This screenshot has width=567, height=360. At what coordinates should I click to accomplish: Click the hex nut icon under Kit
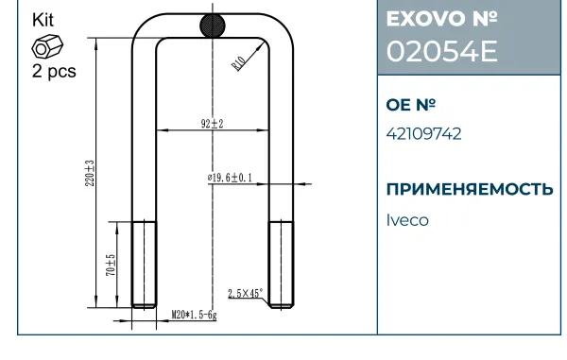pos(47,46)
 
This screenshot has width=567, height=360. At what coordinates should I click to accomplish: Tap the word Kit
pos(43,20)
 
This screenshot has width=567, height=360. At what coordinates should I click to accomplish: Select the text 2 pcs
pos(54,71)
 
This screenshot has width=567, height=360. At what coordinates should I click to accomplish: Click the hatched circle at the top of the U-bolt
pos(213,26)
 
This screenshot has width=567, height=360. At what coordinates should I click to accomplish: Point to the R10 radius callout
pos(238,63)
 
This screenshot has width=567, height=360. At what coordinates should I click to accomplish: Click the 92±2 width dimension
pos(213,124)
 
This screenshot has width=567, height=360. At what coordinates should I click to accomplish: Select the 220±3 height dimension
pos(90,173)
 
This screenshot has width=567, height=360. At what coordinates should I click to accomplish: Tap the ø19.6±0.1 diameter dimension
pos(230,178)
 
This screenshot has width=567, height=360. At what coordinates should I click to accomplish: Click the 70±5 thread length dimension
pos(111,266)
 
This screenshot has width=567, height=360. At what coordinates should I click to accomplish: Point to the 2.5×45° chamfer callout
pos(245,293)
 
